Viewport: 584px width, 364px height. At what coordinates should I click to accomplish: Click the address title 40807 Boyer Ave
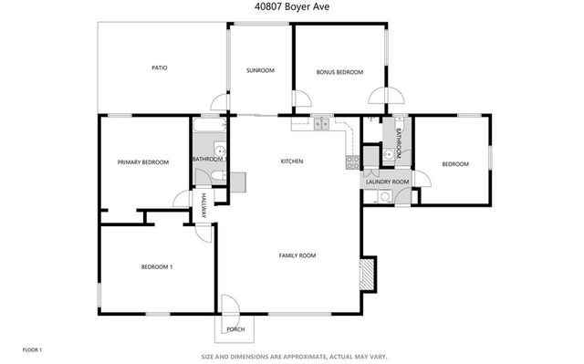pos(291,5)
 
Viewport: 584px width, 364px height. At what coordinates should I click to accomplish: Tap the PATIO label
pos(159,68)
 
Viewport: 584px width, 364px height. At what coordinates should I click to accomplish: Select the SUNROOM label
pos(260,71)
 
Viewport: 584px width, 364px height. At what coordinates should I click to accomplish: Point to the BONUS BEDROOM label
pos(339,72)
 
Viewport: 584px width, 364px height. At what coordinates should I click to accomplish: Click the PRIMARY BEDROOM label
pos(143,162)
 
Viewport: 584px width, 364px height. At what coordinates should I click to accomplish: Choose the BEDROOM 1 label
pos(156,266)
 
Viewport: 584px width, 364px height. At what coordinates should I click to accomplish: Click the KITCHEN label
pos(291,161)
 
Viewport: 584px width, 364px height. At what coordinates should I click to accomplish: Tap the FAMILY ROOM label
pos(297,255)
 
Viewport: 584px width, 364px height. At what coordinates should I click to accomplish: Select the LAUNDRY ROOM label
pos(387,182)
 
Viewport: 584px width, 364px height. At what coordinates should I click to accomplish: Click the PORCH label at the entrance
pos(235,328)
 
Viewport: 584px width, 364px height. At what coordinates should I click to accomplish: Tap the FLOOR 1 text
pos(32,349)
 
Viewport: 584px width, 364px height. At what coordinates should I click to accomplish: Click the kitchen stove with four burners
pos(350,162)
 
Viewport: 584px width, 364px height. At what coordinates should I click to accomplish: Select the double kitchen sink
pos(322,123)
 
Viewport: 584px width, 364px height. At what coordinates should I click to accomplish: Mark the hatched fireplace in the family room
pos(368,274)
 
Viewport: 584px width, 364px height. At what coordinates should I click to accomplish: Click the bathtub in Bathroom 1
pos(209,127)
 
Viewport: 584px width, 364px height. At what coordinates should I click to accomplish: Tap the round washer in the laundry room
pos(384,195)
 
